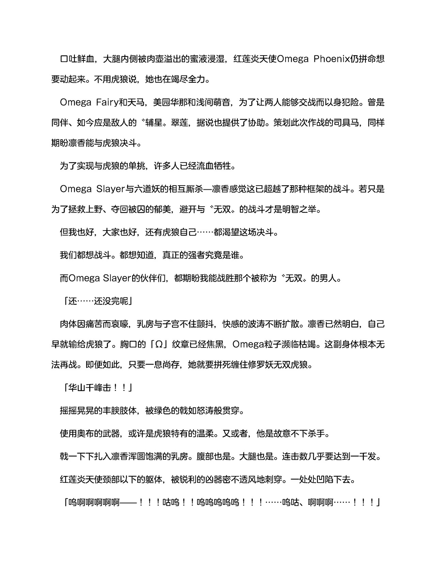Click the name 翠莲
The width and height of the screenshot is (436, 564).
177,123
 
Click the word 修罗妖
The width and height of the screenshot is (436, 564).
261,365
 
